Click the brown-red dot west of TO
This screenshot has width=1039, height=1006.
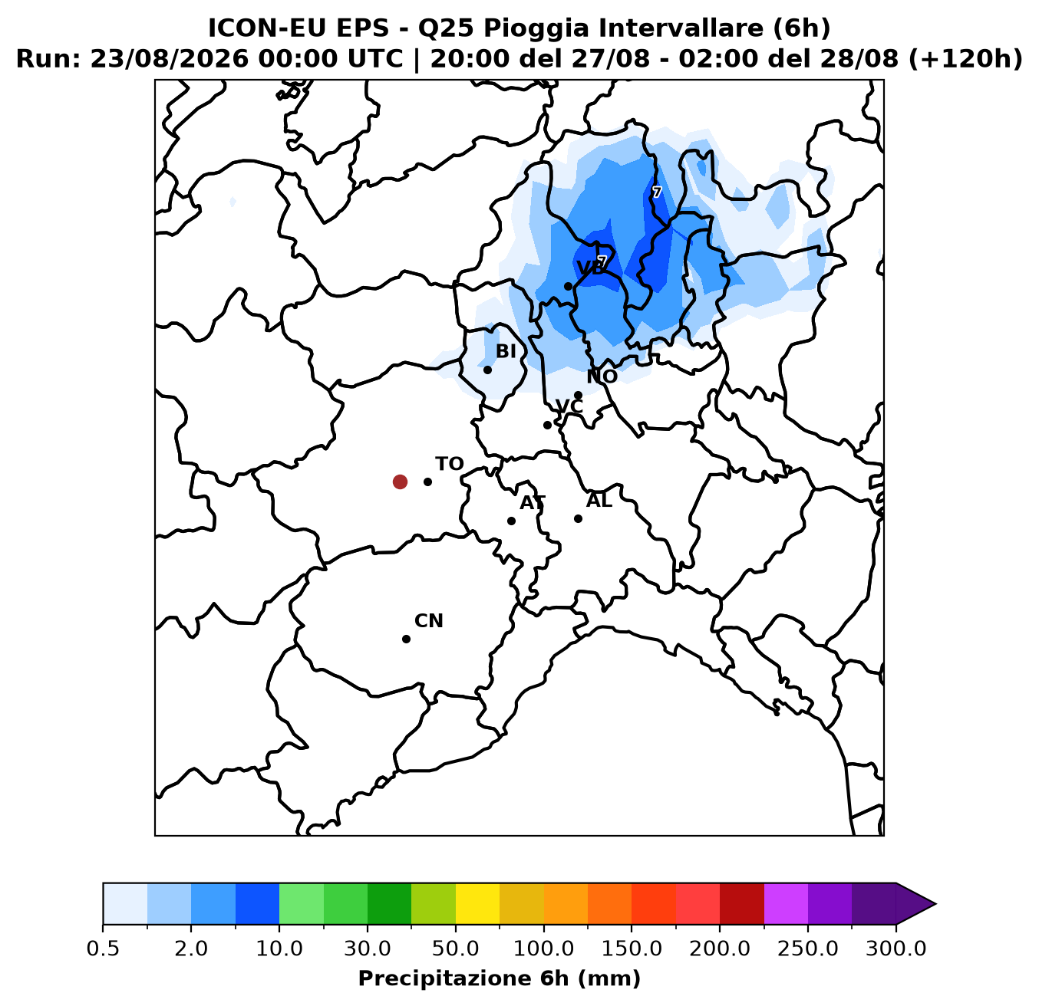click(x=400, y=482)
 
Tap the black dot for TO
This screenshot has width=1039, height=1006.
click(x=427, y=482)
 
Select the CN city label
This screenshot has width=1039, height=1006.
click(x=429, y=621)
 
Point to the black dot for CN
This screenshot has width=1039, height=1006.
click(x=406, y=639)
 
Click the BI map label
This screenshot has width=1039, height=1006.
click(x=506, y=351)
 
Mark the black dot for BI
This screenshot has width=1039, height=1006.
click(x=487, y=370)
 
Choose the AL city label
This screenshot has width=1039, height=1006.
click(x=599, y=501)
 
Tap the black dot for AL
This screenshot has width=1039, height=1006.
click(x=578, y=518)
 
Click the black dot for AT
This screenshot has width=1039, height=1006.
click(x=511, y=521)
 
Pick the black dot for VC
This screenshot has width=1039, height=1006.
click(x=547, y=425)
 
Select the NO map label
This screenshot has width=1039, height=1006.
click(x=602, y=376)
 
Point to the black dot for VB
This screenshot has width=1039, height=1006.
click(x=568, y=287)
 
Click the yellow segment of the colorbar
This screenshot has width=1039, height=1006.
click(x=477, y=903)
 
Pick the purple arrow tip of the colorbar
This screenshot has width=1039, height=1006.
click(x=935, y=903)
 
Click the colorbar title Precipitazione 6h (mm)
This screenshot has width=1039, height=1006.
click(x=500, y=978)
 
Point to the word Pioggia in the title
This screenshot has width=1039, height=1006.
click(x=535, y=29)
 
